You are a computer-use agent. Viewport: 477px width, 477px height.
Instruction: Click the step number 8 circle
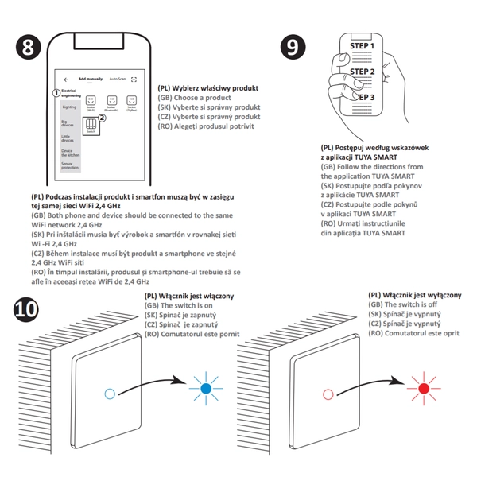point(29,47)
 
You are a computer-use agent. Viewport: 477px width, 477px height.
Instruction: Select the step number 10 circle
point(29,311)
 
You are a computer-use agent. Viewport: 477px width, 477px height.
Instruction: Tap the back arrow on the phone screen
point(66,79)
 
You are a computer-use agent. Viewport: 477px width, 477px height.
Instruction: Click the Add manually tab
point(91,79)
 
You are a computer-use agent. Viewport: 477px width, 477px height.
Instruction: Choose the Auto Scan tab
point(118,79)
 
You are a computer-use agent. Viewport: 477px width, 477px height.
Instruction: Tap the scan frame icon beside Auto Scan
point(134,79)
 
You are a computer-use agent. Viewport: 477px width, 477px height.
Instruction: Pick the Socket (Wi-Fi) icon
point(91,102)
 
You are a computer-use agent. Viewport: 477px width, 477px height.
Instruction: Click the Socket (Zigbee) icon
point(132,102)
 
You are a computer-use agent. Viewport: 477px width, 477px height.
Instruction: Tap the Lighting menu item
point(69,107)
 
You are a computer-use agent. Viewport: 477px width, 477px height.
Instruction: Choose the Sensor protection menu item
point(70,166)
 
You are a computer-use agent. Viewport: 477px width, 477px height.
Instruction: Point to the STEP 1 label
point(362,47)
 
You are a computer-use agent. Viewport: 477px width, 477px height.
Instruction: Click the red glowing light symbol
point(424,387)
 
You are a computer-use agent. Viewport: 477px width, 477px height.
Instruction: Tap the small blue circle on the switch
point(109,393)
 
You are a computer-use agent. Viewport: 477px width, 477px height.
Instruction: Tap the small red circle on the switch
point(328,393)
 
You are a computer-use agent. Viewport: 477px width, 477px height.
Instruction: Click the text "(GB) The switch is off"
point(403,305)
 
